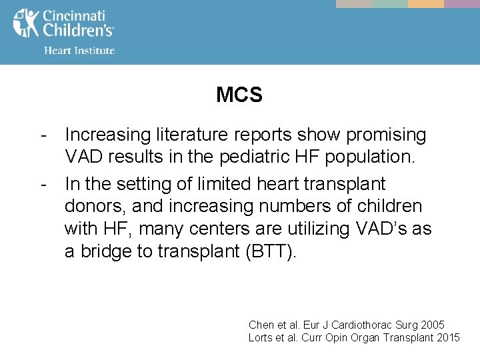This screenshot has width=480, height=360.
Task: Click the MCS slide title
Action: [239, 95]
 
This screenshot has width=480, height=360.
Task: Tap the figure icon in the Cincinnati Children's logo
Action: [26, 23]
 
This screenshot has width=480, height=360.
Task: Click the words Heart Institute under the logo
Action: [79, 51]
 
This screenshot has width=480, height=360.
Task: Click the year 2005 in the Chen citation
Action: [433, 325]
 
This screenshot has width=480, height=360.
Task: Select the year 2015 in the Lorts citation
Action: [448, 338]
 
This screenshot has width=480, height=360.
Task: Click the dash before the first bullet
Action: [43, 135]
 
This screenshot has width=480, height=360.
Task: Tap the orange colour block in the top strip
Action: [426, 3]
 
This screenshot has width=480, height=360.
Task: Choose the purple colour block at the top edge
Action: [462, 3]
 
